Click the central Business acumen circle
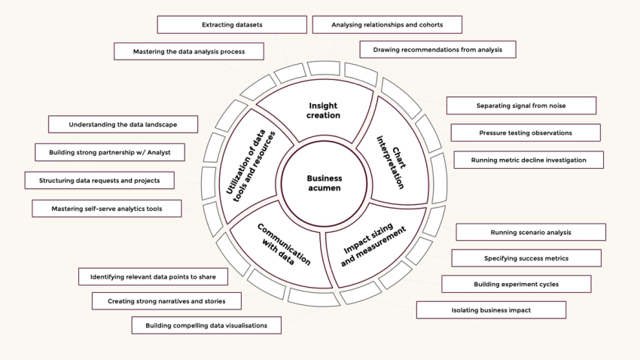click(x=324, y=183)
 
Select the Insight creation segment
click(x=324, y=110)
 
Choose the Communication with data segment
click(x=282, y=244)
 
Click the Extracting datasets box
click(x=232, y=25)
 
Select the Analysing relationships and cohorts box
click(x=387, y=25)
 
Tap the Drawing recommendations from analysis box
click(x=437, y=50)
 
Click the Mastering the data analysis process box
click(x=189, y=51)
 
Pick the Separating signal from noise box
click(x=521, y=105)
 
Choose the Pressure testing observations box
click(x=526, y=133)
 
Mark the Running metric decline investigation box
click(x=528, y=160)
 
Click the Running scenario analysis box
click(x=531, y=232)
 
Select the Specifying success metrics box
click(x=526, y=258)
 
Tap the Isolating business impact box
click(x=491, y=310)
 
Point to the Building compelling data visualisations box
click(x=206, y=325)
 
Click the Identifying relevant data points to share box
click(x=153, y=276)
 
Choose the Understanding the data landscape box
click(x=123, y=124)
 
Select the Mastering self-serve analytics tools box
click(x=106, y=208)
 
